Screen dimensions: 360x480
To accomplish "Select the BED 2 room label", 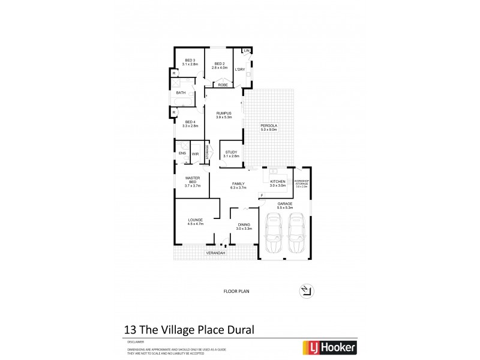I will (218, 65).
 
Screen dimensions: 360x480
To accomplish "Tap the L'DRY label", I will (240, 70).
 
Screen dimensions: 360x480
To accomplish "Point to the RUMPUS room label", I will (223, 115).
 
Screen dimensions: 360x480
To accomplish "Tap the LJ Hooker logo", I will (332, 347).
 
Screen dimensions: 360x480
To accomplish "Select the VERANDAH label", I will (215, 253).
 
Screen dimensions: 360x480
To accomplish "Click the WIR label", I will (195, 154).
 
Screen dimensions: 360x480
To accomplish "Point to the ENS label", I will (182, 154).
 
